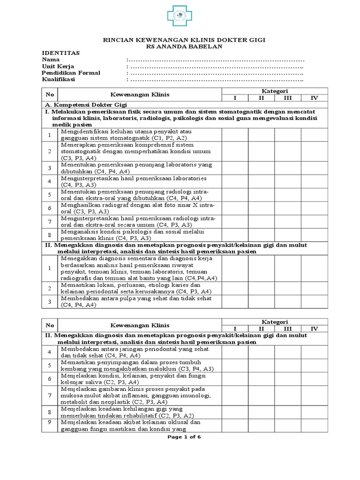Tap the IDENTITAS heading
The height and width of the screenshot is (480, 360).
pyautogui.click(x=61, y=53)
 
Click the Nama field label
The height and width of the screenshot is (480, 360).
pyautogui.click(x=51, y=60)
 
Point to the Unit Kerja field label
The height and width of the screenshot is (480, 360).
pyautogui.click(x=58, y=67)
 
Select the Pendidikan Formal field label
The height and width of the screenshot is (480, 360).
pyautogui.click(x=71, y=73)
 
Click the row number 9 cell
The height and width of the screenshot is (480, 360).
pyautogui.click(x=49, y=422)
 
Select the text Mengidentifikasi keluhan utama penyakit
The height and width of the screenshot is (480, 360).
pyautogui.click(x=120, y=132)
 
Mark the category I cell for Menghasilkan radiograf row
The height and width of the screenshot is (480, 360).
pyautogui.click(x=235, y=208)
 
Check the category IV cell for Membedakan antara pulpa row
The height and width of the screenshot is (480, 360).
pyautogui.click(x=315, y=301)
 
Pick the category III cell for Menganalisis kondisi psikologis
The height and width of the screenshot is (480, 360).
pyautogui.click(x=288, y=235)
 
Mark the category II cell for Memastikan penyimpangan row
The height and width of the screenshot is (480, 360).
pyautogui.click(x=261, y=365)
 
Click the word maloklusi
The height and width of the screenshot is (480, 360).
pyautogui.click(x=158, y=368)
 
